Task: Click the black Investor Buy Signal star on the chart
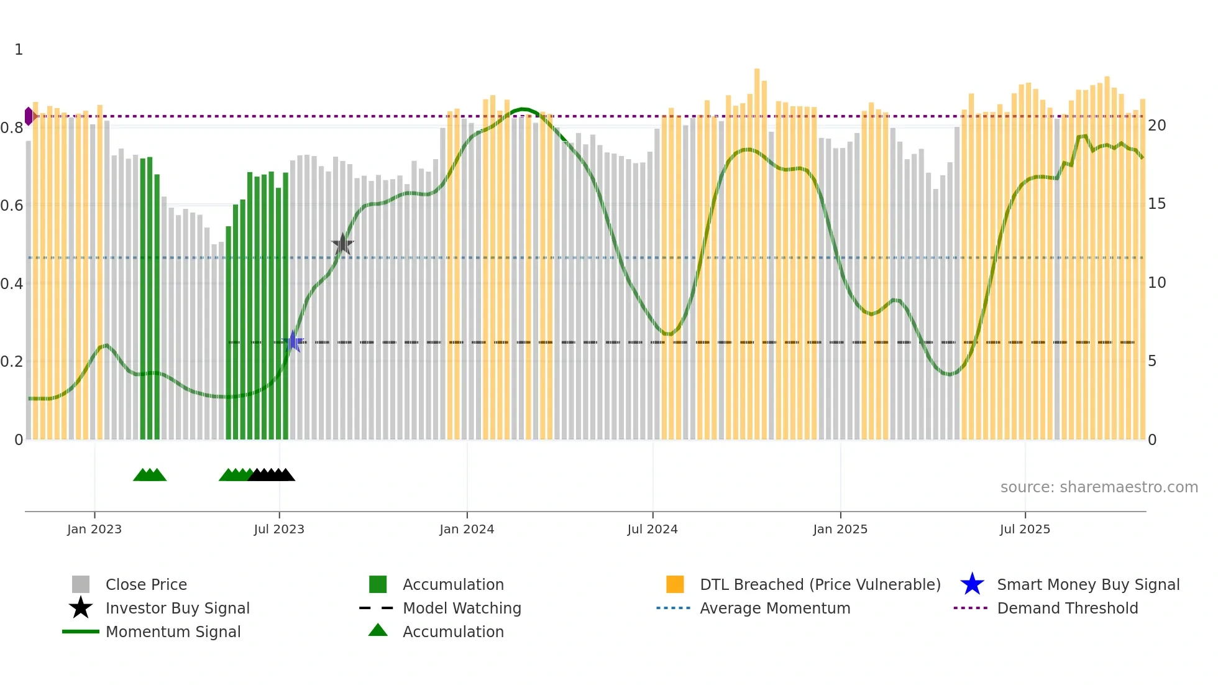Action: [342, 244]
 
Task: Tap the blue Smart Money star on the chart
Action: [293, 341]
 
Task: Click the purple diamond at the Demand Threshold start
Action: [29, 116]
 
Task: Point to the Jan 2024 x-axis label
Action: [467, 529]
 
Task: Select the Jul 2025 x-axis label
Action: [1025, 529]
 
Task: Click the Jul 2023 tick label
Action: [279, 529]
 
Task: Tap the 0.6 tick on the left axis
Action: [12, 205]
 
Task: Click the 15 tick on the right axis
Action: [1156, 204]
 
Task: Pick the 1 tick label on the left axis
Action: [19, 50]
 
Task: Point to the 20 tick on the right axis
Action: [1156, 126]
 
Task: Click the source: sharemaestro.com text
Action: [1099, 487]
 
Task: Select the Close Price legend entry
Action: [146, 584]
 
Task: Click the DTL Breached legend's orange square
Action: [675, 584]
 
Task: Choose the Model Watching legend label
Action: [462, 608]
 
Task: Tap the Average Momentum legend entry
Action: [775, 608]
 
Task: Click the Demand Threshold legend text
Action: [1067, 608]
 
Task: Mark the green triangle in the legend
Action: [378, 630]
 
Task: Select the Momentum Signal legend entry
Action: [173, 632]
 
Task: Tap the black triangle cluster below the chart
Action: [272, 475]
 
